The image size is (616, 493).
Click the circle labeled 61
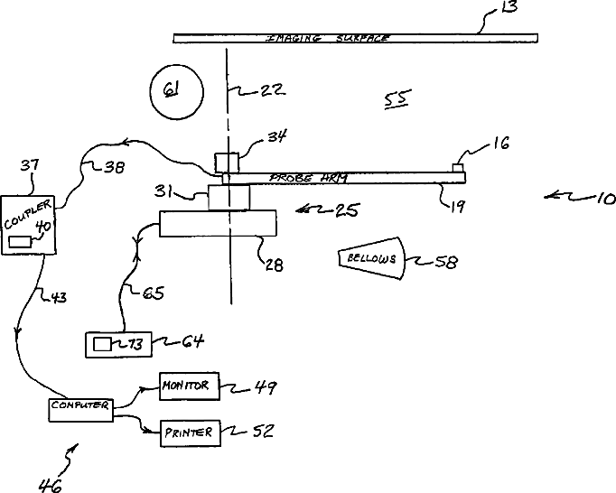(173, 89)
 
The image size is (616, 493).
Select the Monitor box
(185, 386)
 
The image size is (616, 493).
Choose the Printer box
(188, 433)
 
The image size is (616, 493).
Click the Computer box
(79, 407)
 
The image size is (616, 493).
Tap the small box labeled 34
(225, 163)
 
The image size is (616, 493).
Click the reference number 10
(600, 197)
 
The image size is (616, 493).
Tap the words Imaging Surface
(328, 38)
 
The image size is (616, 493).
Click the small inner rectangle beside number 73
(102, 343)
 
